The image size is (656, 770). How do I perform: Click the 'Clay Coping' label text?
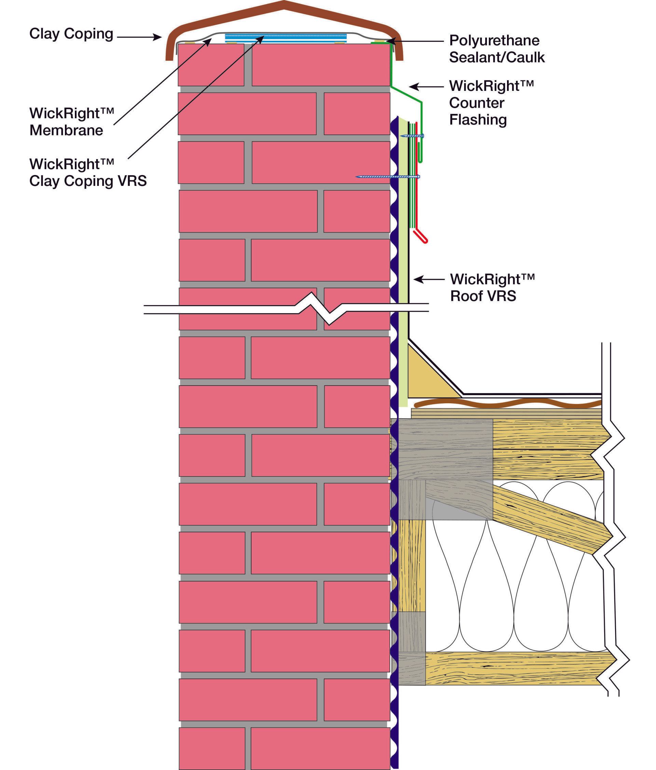click(x=71, y=34)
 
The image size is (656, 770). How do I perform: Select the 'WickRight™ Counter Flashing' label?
click(x=491, y=103)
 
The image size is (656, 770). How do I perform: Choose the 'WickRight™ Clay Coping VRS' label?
click(x=88, y=173)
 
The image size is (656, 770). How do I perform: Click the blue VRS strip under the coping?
click(x=286, y=38)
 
